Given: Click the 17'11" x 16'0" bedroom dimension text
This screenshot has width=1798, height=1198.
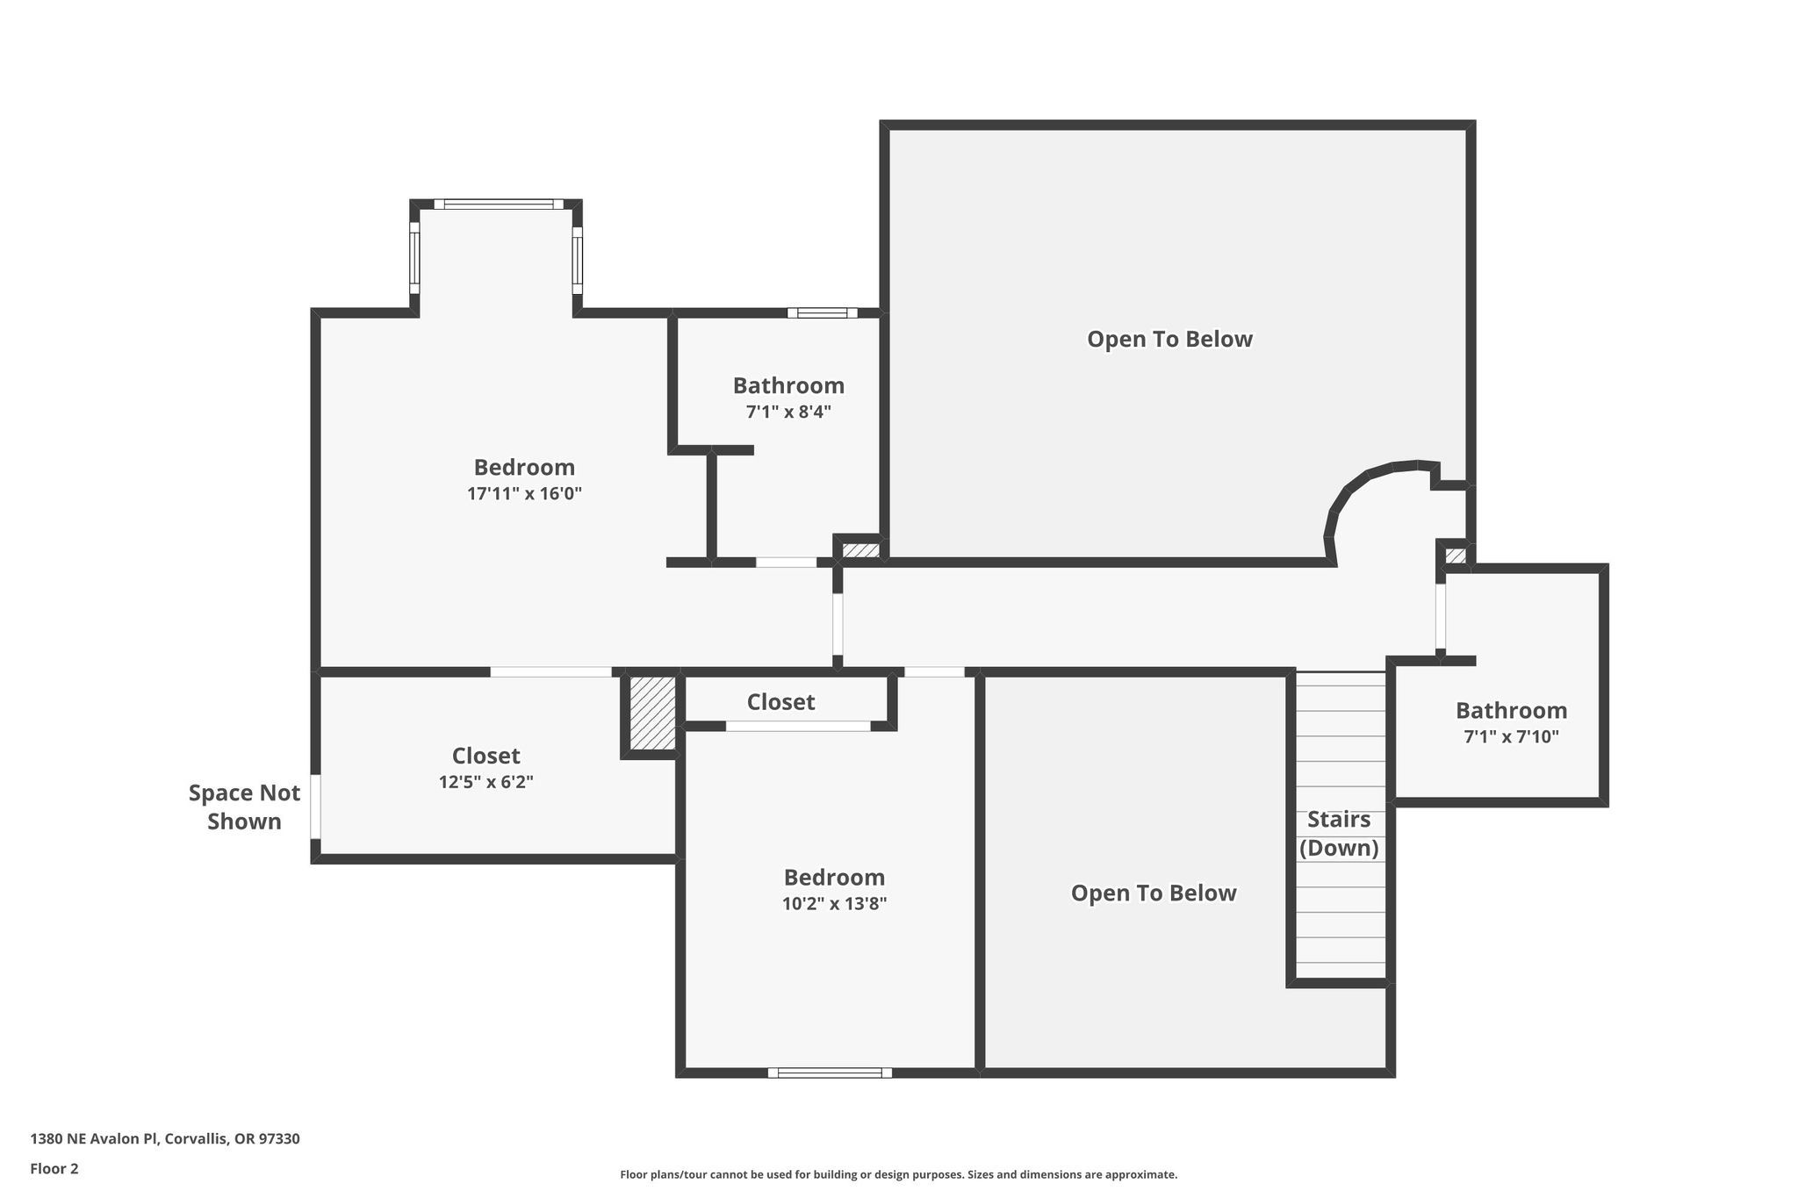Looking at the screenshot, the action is point(525,493).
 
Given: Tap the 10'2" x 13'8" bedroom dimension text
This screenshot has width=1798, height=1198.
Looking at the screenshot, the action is point(834,904).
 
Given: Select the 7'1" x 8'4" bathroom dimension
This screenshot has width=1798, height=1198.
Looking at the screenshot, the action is point(788,412).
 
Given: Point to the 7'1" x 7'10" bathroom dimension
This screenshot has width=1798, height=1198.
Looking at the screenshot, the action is point(1511,736).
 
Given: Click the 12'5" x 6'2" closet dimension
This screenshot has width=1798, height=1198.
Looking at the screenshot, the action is point(486,782).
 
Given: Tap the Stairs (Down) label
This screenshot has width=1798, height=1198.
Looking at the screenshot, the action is point(1339,834).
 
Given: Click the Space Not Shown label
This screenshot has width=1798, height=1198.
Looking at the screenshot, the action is point(245,807).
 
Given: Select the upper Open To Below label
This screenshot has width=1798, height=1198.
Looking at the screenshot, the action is point(1169,340).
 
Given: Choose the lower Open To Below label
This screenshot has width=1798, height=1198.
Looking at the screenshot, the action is point(1154,893).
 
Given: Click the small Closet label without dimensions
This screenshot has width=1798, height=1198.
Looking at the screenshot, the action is point(780,702).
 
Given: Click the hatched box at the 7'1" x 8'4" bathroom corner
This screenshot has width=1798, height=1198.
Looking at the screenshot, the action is point(861,550).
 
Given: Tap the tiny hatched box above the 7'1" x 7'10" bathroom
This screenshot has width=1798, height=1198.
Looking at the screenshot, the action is point(1455,556).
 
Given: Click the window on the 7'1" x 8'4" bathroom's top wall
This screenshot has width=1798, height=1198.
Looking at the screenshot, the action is point(823,312).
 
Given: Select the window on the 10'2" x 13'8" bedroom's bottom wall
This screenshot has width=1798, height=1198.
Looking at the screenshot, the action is point(830,1072).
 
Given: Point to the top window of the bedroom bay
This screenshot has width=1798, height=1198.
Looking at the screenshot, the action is point(499,204).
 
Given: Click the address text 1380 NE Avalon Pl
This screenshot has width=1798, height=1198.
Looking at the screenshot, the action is point(94,1139).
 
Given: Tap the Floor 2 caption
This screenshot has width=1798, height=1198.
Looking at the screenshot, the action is point(54,1169).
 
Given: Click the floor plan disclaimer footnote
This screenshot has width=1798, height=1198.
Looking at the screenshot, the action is point(899,1174).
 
